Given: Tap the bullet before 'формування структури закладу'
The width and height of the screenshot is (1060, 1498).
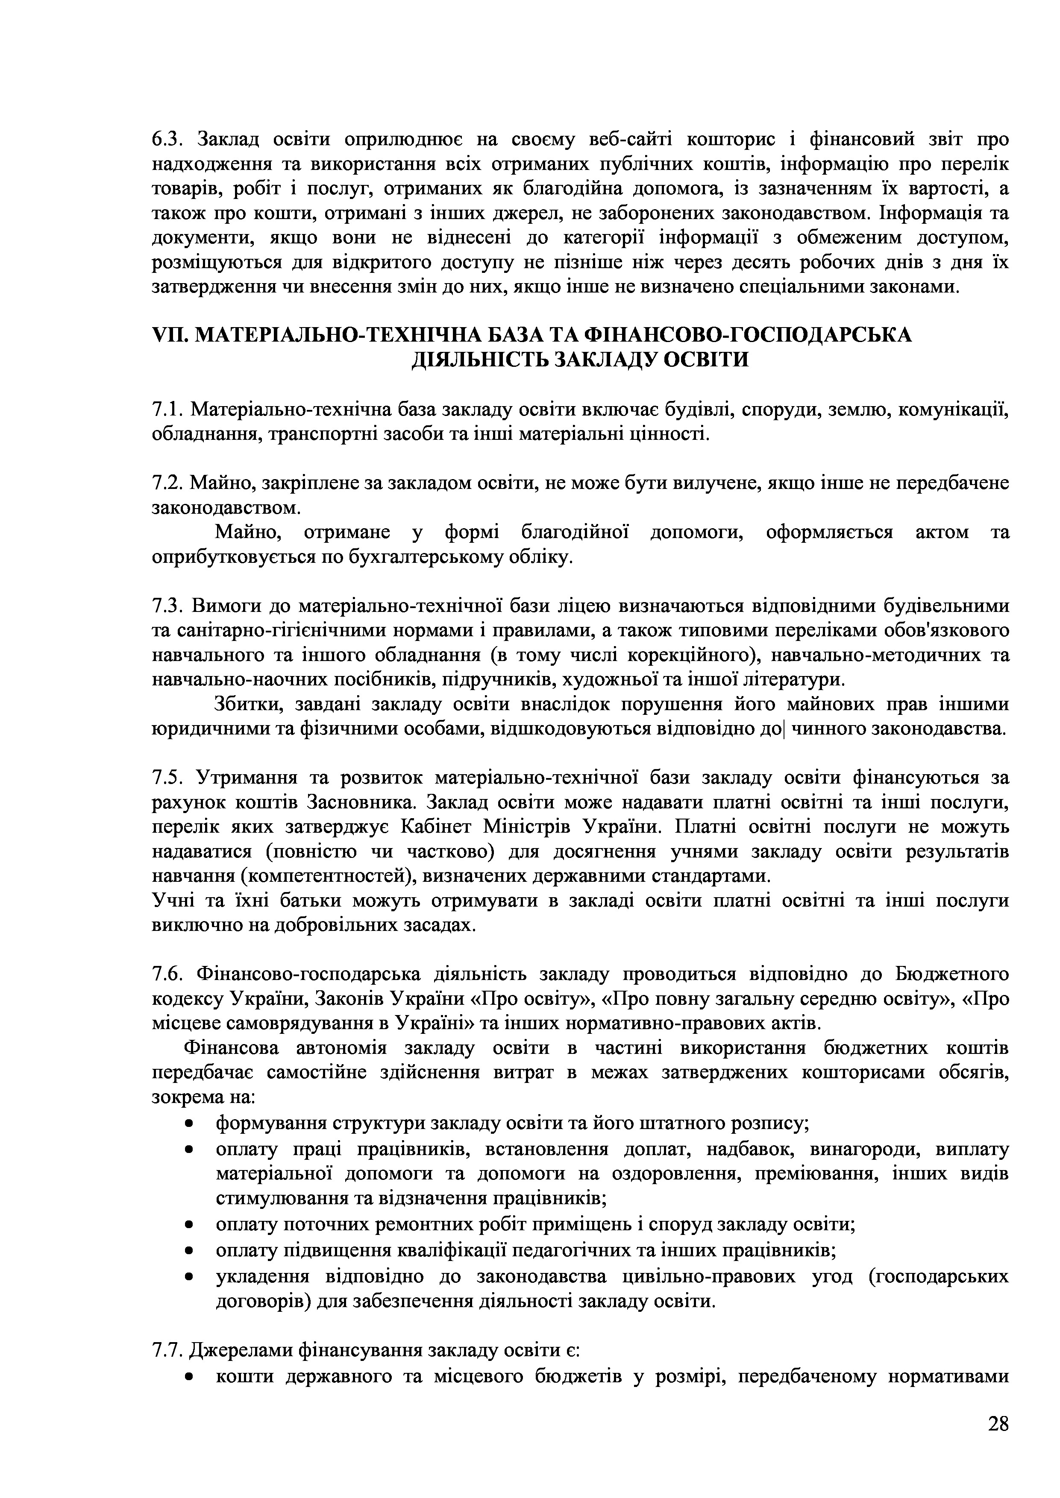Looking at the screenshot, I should [189, 1123].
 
